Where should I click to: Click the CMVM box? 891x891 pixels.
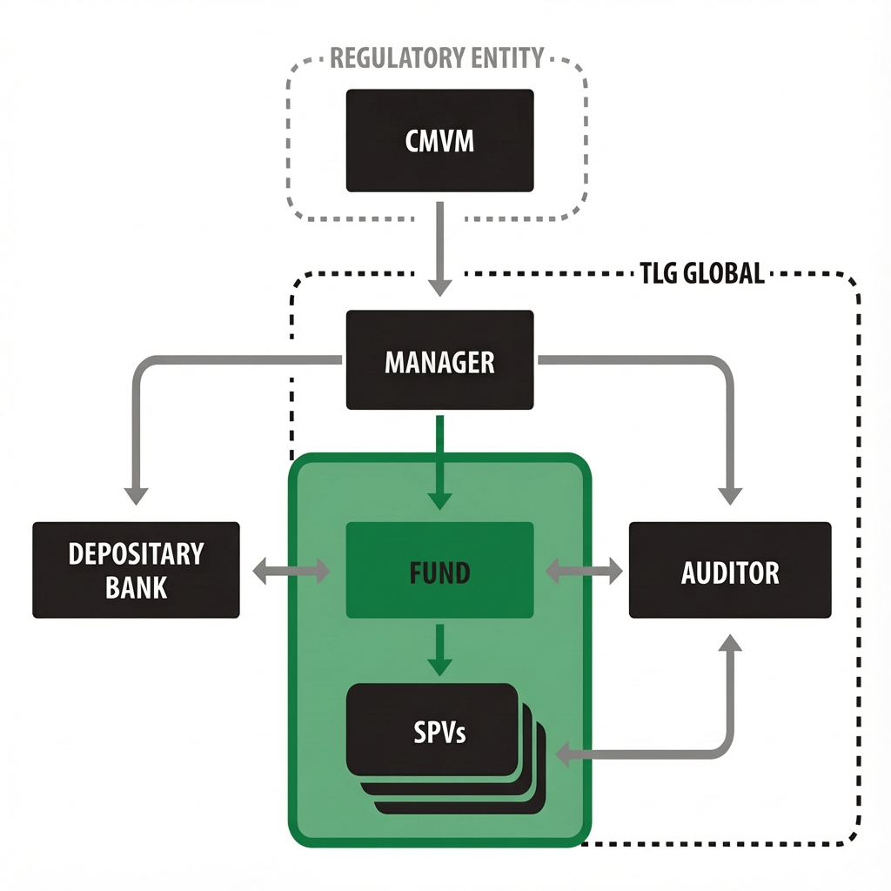pos(439,140)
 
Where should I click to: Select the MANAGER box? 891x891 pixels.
pos(439,360)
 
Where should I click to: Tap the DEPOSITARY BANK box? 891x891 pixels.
pos(136,570)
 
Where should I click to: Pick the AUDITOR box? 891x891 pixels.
pos(729,571)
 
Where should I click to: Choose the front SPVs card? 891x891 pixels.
pos(432,729)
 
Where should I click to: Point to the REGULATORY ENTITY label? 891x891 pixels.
pos(437,58)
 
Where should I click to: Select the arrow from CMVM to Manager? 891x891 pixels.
pos(440,248)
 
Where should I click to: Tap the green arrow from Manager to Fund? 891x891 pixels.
pos(440,461)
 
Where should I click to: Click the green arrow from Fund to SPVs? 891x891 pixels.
pos(440,651)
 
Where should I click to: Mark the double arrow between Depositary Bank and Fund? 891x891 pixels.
pos(291,572)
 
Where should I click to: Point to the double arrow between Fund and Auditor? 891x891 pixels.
pos(583,572)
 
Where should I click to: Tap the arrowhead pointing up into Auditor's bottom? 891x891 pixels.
pos(730,645)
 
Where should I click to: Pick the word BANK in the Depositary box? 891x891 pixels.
pos(136,587)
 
